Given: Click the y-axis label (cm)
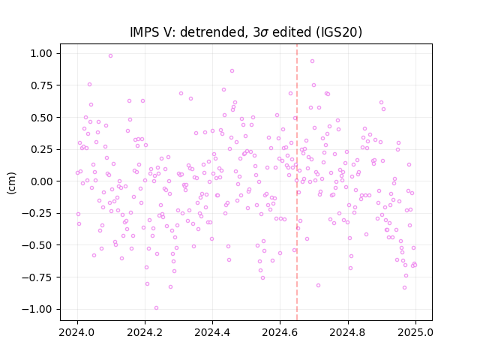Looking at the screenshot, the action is (x=11, y=183).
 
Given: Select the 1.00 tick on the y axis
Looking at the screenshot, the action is (x=41, y=53).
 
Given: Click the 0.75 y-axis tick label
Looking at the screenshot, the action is (x=41, y=85).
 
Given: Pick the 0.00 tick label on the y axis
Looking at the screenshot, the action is (x=41, y=181).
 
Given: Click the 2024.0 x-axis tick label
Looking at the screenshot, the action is (x=77, y=332).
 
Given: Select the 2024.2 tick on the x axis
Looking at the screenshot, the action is (x=145, y=332).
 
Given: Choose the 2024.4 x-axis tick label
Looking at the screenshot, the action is (x=212, y=332).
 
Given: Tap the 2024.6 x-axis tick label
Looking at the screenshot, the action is (x=280, y=332).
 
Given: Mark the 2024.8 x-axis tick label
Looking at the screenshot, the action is (x=348, y=332).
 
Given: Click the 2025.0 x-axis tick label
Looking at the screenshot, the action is (x=415, y=332).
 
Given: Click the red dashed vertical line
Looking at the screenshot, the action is (x=297, y=182).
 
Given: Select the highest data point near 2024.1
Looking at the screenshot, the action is (x=110, y=56).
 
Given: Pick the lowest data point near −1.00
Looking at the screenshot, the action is (x=157, y=308).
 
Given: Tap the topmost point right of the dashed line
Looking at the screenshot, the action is (x=312, y=61).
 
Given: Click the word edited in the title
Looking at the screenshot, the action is (x=292, y=32).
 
